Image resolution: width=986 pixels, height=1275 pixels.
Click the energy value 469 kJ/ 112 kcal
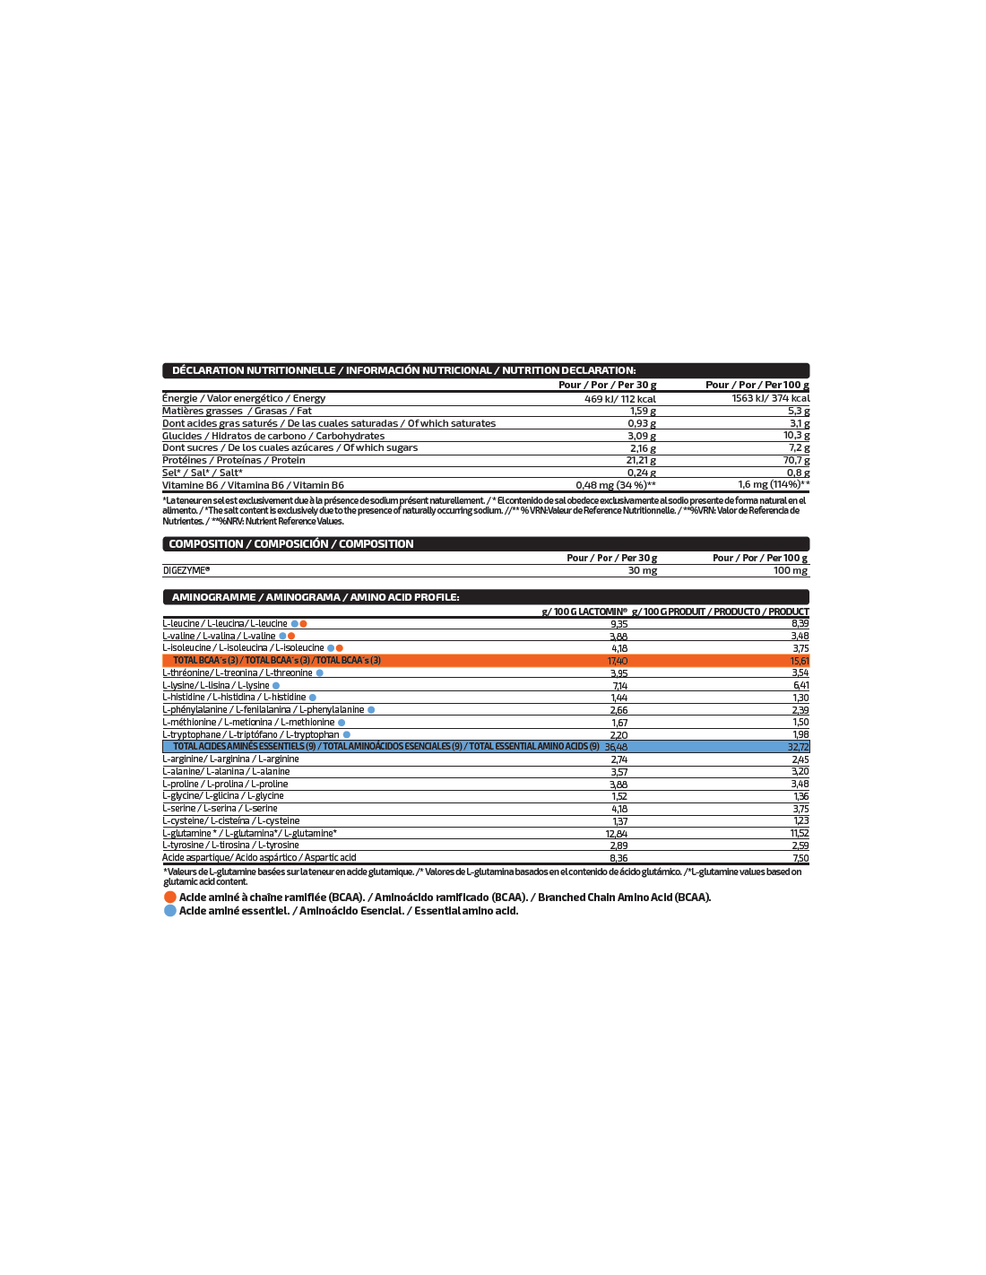(619, 399)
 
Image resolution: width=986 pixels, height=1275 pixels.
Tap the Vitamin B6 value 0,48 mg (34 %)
(615, 485)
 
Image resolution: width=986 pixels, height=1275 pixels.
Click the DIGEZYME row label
(186, 570)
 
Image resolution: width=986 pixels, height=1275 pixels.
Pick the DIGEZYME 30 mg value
(642, 570)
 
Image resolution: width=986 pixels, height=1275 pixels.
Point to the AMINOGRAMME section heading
(316, 597)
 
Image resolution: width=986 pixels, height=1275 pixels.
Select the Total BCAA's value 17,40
(618, 661)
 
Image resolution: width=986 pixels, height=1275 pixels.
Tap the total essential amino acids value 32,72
(798, 747)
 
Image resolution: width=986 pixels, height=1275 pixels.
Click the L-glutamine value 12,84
(616, 834)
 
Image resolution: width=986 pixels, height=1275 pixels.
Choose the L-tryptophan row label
(251, 735)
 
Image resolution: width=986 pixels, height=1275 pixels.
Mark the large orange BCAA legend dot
(170, 898)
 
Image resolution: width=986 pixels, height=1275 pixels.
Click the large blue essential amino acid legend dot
(170, 911)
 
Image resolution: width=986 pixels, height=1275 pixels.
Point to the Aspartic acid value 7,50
(800, 858)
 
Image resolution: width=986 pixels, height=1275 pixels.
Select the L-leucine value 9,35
(618, 624)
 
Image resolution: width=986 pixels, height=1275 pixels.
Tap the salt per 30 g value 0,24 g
(641, 473)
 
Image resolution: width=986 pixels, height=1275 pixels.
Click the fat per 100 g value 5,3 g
(799, 412)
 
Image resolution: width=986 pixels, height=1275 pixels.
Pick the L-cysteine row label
(230, 821)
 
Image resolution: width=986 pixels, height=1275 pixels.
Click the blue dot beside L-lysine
(276, 686)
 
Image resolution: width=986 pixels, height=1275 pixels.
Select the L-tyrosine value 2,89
(618, 846)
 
